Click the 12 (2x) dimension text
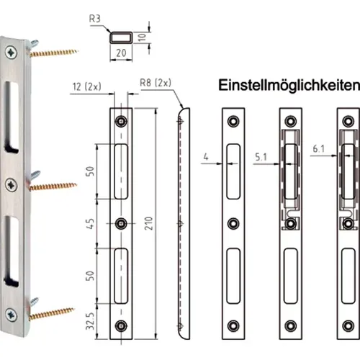click(x=86, y=86)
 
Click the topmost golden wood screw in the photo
click(x=54, y=51)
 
